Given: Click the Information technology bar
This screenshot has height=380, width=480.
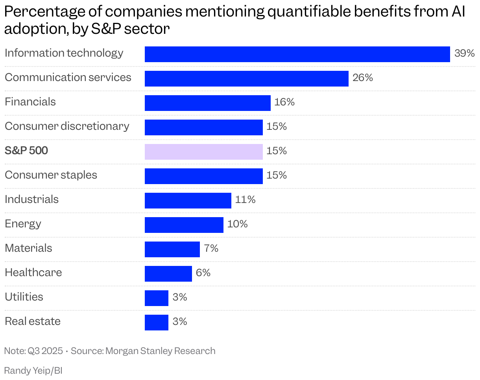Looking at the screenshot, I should (x=297, y=54).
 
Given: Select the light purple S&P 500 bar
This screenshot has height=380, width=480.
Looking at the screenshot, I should (x=203, y=152).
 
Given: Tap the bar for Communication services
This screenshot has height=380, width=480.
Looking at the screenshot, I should (x=246, y=79).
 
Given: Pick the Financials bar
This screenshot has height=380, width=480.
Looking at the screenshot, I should (x=207, y=103).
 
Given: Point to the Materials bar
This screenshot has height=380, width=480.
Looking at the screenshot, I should (x=172, y=249).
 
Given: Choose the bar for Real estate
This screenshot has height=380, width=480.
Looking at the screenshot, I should (x=156, y=323).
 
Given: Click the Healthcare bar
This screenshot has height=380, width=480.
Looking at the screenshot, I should (x=168, y=274).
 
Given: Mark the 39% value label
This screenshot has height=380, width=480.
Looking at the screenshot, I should (x=464, y=53).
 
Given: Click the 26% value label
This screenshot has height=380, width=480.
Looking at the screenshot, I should (x=362, y=78).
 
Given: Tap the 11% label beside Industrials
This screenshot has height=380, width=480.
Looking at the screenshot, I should (x=245, y=200).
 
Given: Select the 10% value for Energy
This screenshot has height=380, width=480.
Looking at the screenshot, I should (x=237, y=224).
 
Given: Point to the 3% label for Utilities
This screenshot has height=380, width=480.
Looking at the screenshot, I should (x=179, y=297).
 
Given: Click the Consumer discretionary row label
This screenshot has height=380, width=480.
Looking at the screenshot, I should (x=67, y=126).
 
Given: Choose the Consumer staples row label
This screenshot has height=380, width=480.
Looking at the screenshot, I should (x=51, y=175).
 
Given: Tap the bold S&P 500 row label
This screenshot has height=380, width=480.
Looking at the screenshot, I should (x=26, y=151).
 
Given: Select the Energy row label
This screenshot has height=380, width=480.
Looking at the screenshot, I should (x=23, y=224).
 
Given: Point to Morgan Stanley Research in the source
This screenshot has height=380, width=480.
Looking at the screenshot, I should (x=161, y=351).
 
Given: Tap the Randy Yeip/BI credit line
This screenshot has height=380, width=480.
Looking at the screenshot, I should (x=33, y=371).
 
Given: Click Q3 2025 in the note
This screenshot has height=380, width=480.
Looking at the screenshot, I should (x=45, y=351).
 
